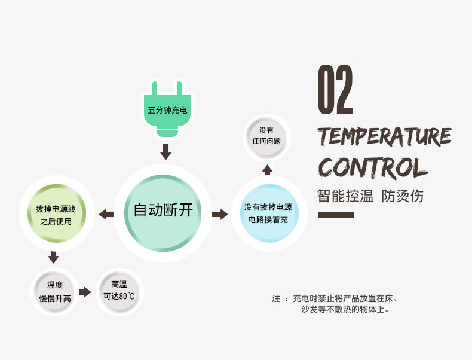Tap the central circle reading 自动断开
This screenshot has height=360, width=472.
click(x=163, y=210)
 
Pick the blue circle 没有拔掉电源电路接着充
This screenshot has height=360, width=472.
click(x=268, y=214)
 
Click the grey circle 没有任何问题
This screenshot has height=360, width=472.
click(x=266, y=136)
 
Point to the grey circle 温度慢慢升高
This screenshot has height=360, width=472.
click(x=55, y=292)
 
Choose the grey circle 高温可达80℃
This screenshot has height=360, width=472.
click(x=119, y=291)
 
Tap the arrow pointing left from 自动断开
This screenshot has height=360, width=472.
click(x=106, y=213)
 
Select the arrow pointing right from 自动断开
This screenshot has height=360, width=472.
click(x=220, y=213)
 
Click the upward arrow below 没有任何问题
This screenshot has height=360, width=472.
click(x=267, y=170)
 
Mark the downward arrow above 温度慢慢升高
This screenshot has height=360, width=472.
click(x=53, y=257)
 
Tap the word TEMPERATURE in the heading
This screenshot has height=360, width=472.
click(x=384, y=136)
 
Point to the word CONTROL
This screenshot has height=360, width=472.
click(x=372, y=167)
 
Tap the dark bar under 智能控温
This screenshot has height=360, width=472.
click(x=336, y=215)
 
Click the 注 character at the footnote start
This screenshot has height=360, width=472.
click(x=276, y=298)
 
